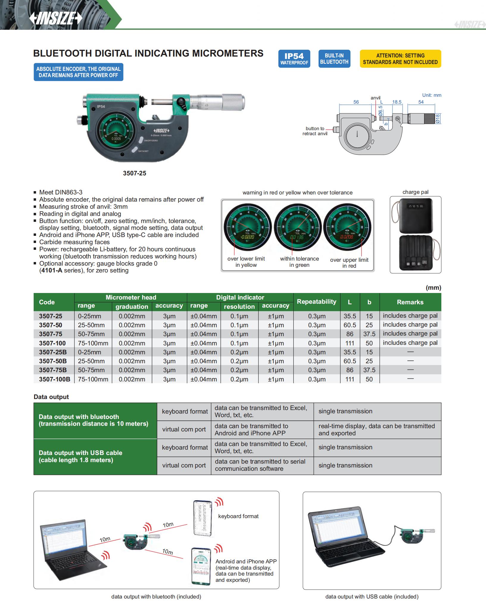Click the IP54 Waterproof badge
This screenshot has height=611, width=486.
294,59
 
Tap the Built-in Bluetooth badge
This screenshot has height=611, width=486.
334,59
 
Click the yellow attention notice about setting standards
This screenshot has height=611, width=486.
400,59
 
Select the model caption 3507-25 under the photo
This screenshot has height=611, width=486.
135,173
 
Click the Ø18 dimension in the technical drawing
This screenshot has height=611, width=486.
437,119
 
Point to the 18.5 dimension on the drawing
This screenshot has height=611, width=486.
397,102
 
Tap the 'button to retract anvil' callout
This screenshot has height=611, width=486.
315,131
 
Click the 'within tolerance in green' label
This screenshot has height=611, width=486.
299,262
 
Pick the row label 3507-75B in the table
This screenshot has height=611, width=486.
53,370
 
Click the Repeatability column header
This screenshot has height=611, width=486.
317,302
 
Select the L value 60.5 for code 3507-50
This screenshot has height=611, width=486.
350,325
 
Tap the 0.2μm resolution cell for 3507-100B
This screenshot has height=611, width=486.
239,379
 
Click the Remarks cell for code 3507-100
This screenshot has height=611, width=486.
410,343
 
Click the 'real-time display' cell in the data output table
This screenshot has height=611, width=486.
377,429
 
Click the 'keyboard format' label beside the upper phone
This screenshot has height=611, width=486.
238,516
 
